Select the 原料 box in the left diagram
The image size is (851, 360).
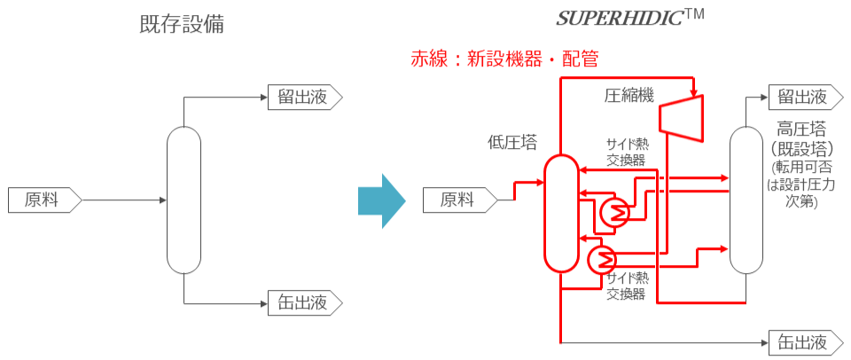(x=43, y=200)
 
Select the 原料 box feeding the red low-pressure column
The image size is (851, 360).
(x=459, y=200)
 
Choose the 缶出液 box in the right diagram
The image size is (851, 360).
(x=802, y=340)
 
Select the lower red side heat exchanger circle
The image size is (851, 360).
(x=602, y=259)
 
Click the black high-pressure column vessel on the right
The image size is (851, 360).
(x=746, y=199)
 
